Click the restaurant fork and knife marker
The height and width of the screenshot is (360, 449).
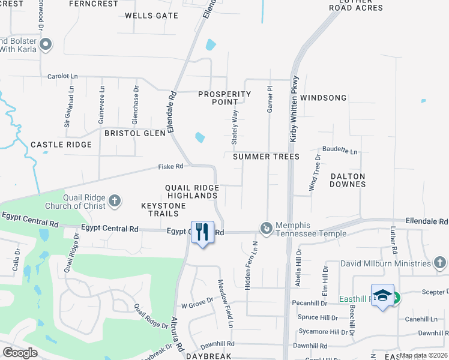point(202,232)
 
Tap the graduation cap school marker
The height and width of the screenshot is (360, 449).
point(382,295)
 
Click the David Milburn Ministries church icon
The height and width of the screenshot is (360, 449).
point(439,263)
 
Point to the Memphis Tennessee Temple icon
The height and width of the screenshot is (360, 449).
point(266,228)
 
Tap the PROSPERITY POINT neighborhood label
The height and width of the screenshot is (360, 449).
point(224,98)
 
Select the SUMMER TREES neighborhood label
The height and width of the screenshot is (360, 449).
point(266,157)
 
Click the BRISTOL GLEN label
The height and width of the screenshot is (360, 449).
point(135,133)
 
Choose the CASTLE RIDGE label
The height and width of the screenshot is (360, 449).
point(61,145)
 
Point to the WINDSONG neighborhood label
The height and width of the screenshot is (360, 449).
point(324,98)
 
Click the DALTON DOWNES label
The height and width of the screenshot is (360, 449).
point(348,180)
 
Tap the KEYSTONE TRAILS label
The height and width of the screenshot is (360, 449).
point(163,210)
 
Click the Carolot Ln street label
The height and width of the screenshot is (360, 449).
point(63,77)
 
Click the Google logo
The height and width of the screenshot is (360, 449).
point(20,353)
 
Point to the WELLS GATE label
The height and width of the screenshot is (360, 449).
point(151,15)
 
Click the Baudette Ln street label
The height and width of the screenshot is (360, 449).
point(340,151)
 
